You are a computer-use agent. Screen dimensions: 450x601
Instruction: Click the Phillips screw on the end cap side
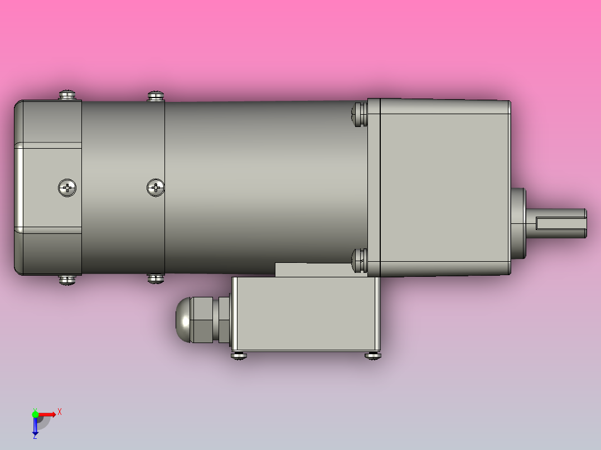coord(67,188)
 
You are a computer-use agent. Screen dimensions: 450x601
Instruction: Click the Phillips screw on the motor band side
coord(156,188)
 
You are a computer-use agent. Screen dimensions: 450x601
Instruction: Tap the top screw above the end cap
coord(67,95)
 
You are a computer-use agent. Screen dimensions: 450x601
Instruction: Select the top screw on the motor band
coord(156,96)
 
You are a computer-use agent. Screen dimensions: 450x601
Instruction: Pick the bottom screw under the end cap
coord(67,279)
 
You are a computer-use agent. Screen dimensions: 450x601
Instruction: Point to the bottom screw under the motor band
coord(156,277)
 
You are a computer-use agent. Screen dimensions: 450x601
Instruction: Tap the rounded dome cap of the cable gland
coord(183,320)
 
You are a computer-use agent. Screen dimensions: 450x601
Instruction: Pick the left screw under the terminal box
coord(239,355)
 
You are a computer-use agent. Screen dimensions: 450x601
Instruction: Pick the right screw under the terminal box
coord(372,355)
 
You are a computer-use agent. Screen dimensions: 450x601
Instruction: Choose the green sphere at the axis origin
coord(35,414)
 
